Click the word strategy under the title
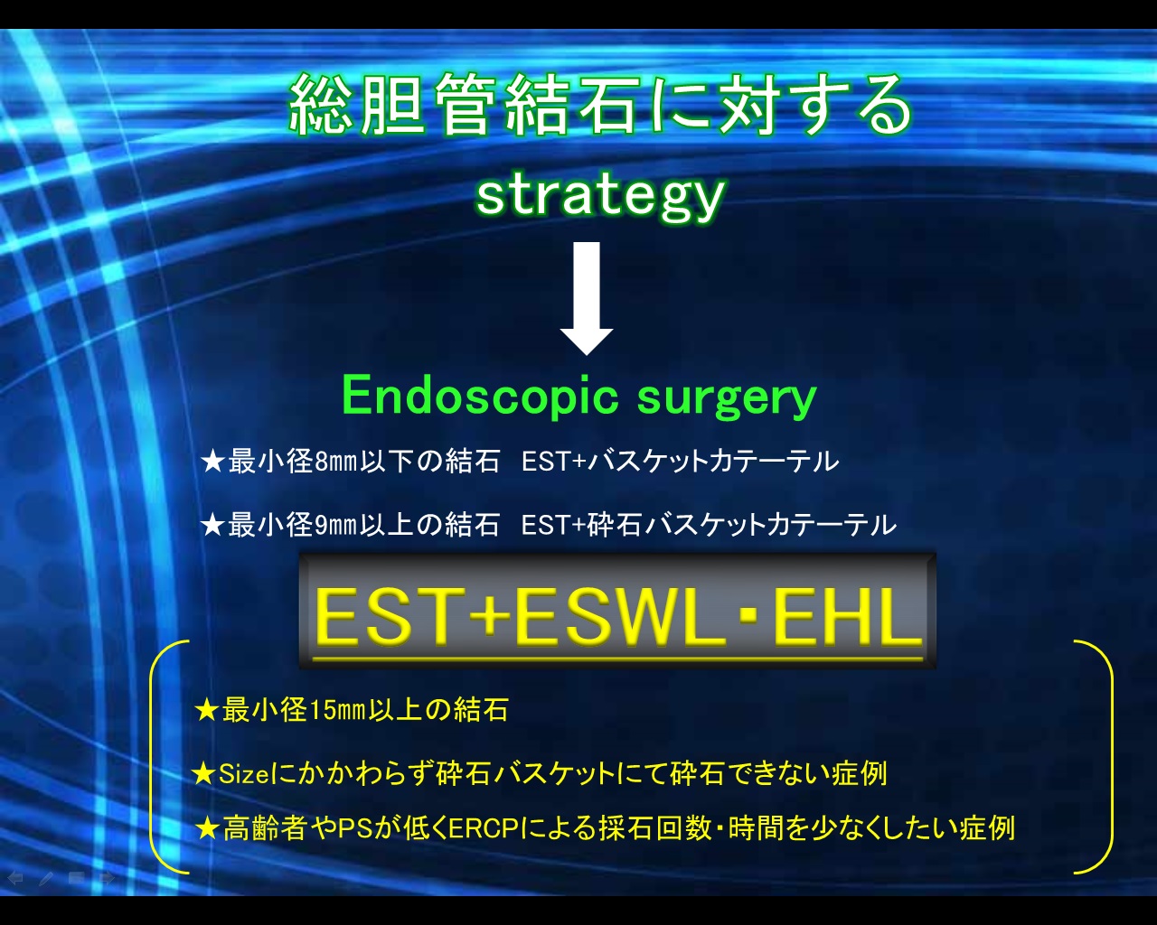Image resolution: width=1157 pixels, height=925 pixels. pyautogui.click(x=600, y=197)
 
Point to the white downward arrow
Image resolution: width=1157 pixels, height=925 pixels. pyautogui.click(x=587, y=298)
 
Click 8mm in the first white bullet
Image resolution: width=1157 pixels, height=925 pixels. pyautogui.click(x=336, y=462)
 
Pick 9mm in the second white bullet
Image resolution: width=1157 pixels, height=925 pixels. pyautogui.click(x=336, y=525)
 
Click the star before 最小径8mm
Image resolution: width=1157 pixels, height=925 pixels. pyautogui.click(x=212, y=462)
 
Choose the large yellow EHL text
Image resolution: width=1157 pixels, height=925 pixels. pyautogui.click(x=847, y=616)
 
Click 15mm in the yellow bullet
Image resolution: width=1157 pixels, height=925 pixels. pyautogui.click(x=337, y=710)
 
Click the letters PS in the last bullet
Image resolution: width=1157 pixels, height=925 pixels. pyautogui.click(x=355, y=828)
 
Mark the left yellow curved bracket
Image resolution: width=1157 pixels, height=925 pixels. pyautogui.click(x=152, y=758)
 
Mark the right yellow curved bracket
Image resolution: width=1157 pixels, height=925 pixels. pyautogui.click(x=1110, y=758)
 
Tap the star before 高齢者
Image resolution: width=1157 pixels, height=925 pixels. pyautogui.click(x=207, y=828)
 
